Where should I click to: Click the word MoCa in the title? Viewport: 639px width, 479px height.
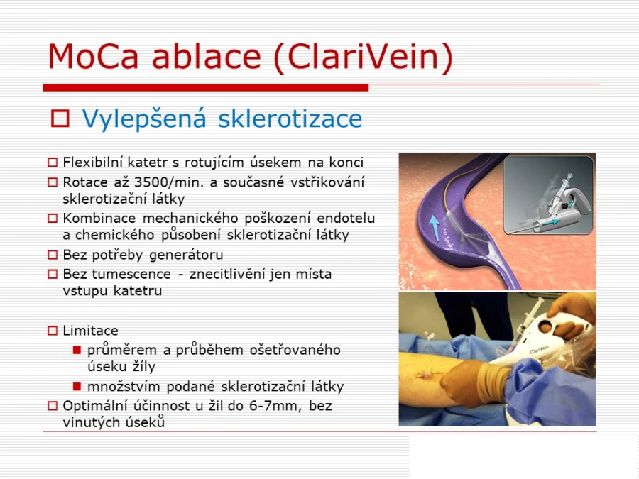(93, 56)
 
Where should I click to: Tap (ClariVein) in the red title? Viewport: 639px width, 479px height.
(364, 57)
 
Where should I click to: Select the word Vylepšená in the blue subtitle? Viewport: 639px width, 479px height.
(144, 119)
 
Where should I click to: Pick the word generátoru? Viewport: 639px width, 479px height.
(186, 255)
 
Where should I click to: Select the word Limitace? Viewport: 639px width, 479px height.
(90, 330)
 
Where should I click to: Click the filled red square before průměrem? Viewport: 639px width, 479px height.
(77, 350)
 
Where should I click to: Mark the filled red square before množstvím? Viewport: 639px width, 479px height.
(77, 386)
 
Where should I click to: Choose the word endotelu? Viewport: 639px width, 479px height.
(346, 219)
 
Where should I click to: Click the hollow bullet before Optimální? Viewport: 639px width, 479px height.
(53, 406)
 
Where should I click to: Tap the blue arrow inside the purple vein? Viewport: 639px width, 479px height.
(435, 227)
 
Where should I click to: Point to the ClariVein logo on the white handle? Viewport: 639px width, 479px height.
(539, 349)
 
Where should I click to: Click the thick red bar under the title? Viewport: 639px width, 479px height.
(206, 87)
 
